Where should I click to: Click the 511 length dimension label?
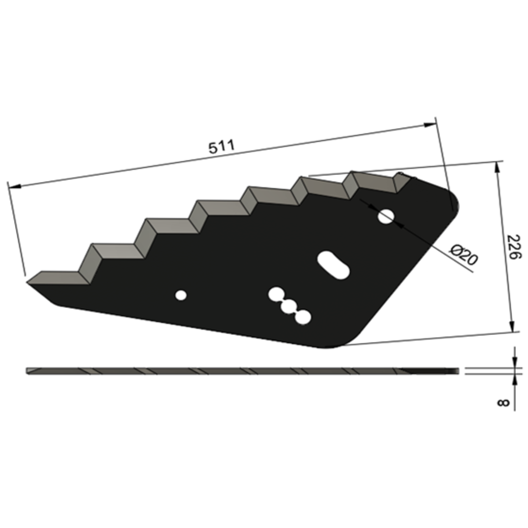(x=222, y=147)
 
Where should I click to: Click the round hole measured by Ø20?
(x=386, y=216)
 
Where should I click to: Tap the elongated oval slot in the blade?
(x=333, y=265)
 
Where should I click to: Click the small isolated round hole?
(x=181, y=295)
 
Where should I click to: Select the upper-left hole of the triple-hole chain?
(x=276, y=294)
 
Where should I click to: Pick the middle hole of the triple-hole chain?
(x=289, y=307)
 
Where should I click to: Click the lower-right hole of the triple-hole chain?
(x=303, y=318)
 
